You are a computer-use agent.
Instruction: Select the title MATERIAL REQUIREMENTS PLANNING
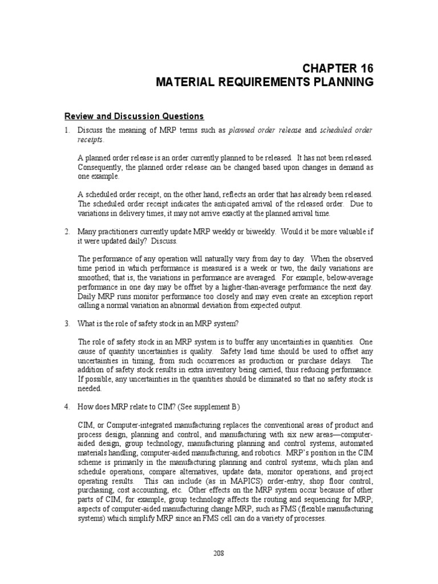point(265,83)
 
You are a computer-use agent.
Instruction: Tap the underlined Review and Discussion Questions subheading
point(133,116)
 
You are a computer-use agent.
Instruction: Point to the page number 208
point(218,551)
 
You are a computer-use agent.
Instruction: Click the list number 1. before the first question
point(66,131)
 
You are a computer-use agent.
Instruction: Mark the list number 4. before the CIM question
point(66,407)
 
